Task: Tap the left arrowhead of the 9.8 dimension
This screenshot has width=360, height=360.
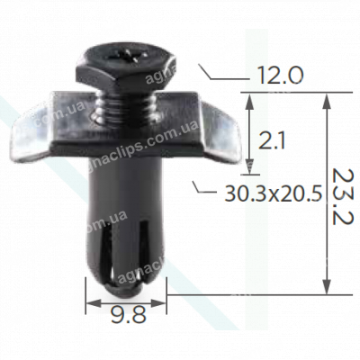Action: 90,304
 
